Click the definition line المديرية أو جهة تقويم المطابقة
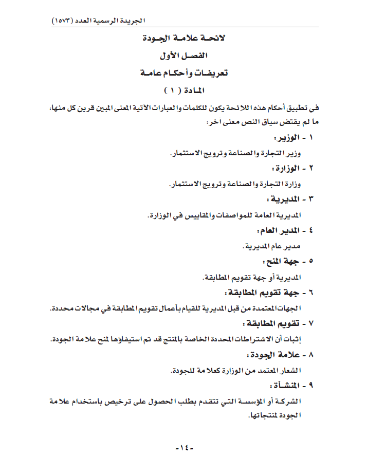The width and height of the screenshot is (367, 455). coord(252,278)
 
